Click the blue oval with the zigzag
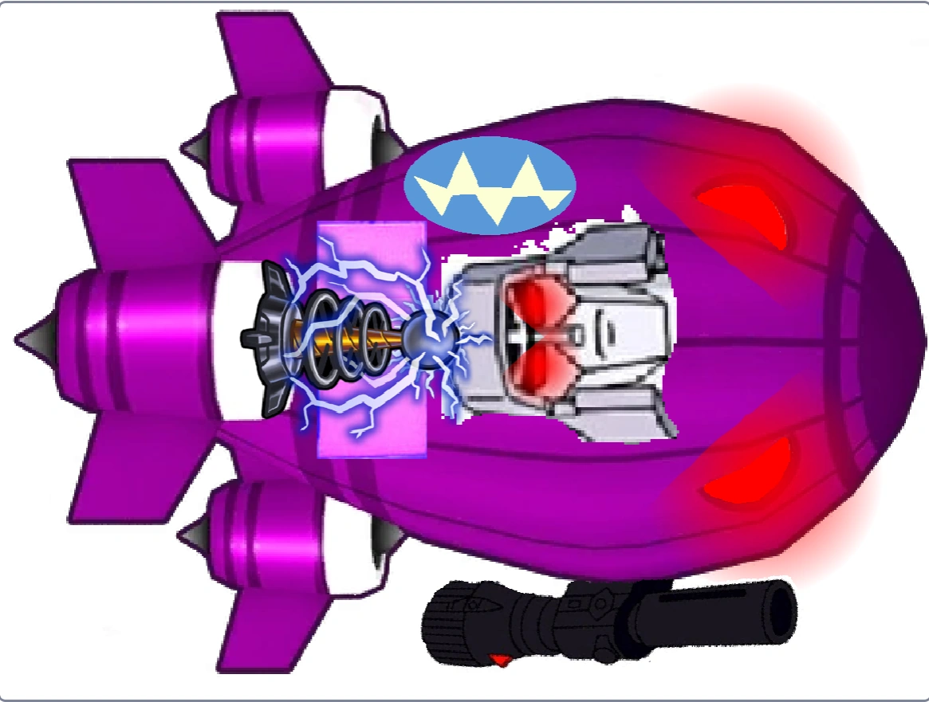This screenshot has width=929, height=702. [490, 185]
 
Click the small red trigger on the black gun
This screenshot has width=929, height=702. [500, 659]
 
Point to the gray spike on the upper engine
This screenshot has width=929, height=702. [194, 147]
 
